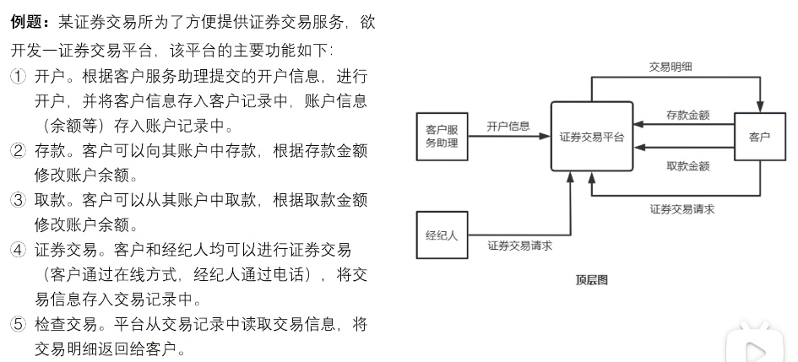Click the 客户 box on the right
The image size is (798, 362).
click(x=759, y=137)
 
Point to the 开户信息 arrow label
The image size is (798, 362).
click(x=508, y=127)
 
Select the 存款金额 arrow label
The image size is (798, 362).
click(x=687, y=114)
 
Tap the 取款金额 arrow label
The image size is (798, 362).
click(x=687, y=166)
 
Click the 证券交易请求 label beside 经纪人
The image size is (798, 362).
click(x=519, y=246)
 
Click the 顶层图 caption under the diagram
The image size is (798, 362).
click(x=591, y=279)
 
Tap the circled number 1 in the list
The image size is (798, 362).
click(x=18, y=76)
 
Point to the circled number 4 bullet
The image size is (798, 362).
click(x=18, y=251)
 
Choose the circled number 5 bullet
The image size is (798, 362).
click(x=18, y=325)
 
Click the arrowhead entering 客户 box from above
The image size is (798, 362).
click(x=759, y=106)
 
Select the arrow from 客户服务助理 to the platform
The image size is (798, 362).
click(x=507, y=137)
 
